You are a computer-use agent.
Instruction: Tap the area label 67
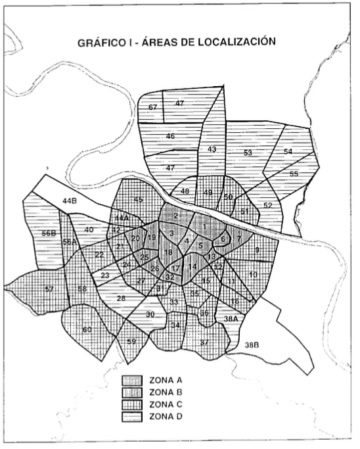(153, 107)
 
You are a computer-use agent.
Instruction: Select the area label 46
(170, 136)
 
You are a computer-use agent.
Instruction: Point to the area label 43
(212, 150)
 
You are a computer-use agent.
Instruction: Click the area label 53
(248, 153)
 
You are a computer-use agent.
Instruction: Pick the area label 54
(288, 151)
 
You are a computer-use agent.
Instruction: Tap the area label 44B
(71, 200)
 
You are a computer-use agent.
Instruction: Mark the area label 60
(87, 329)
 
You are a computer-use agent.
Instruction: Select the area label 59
(131, 341)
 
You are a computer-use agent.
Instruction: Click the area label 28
(121, 299)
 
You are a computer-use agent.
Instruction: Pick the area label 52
(267, 206)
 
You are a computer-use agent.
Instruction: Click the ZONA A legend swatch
(133, 381)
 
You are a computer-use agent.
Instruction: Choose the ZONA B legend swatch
(133, 392)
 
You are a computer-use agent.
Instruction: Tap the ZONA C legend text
(170, 404)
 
